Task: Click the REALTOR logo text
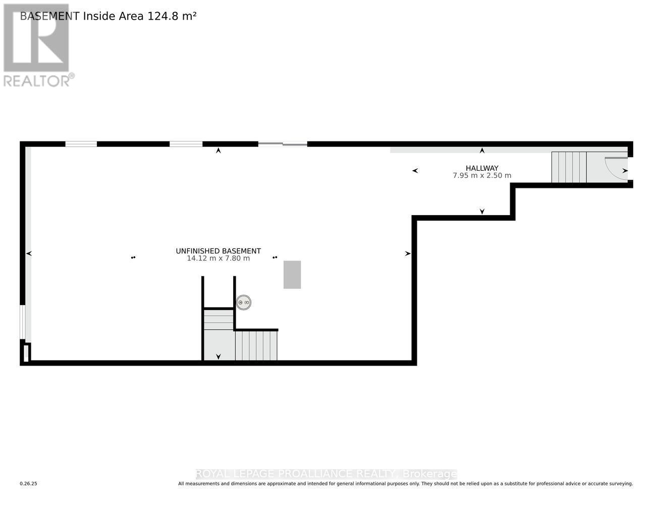pos(36,81)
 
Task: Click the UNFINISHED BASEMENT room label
pos(218,251)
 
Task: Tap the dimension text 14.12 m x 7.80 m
pos(218,259)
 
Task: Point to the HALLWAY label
pos(482,168)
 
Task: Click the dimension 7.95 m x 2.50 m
pos(482,176)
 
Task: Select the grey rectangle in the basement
pos(292,275)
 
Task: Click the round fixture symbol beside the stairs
pos(244,302)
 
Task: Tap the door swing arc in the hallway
pos(614,169)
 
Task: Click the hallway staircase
pos(569,167)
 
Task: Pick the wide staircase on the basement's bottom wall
pos(256,346)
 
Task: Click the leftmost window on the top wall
pos(81,144)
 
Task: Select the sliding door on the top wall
pos(283,144)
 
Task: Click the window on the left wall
pos(22,322)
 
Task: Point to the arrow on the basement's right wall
pos(408,254)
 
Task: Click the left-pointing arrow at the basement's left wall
pos(29,254)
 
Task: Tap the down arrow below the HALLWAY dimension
pos(482,211)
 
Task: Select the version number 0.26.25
pos(28,484)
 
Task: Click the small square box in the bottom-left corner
pos(26,352)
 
